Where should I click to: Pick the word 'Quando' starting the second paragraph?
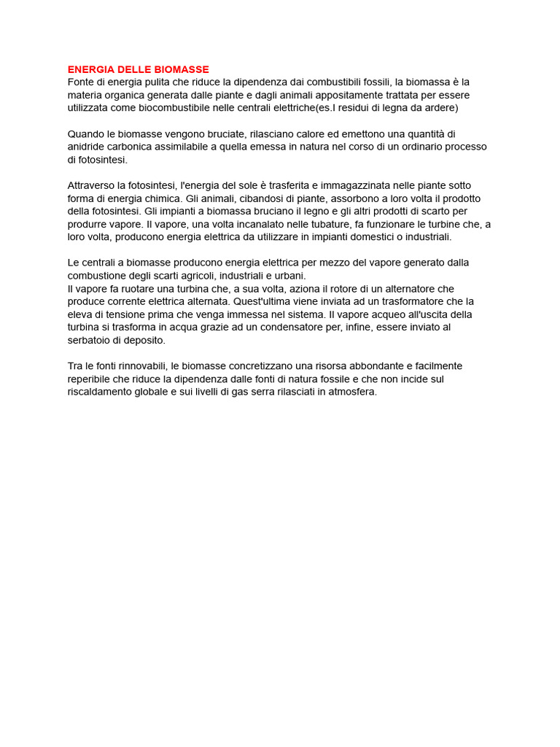[86, 133]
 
